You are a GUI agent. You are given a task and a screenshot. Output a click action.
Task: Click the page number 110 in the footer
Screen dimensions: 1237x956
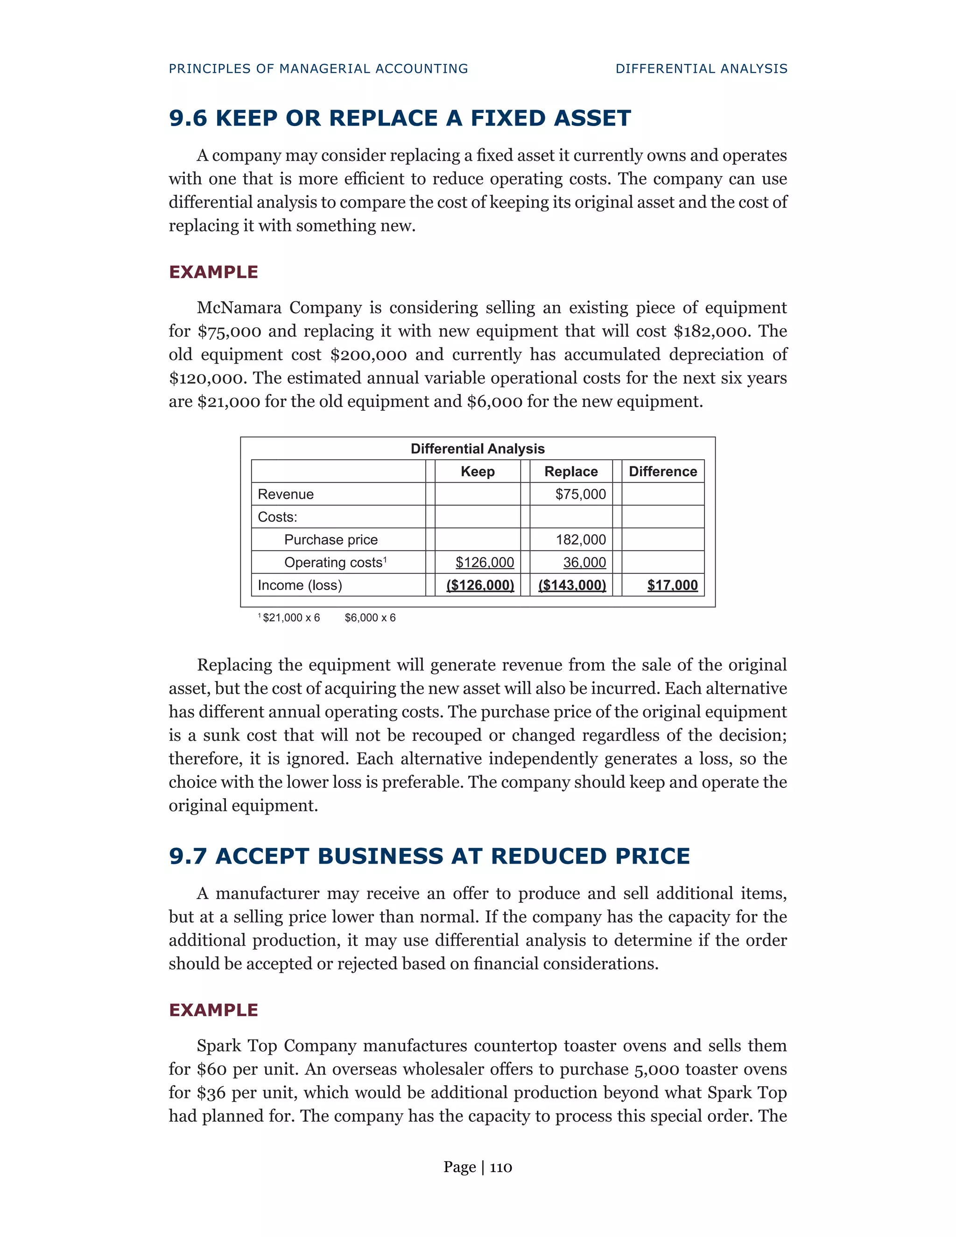[x=501, y=1167]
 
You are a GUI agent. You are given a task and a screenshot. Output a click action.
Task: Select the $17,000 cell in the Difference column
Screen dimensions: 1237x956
[x=672, y=585]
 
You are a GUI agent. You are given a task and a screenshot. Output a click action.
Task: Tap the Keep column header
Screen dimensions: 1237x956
[x=478, y=471]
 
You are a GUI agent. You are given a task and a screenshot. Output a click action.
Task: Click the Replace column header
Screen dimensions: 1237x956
[x=571, y=471]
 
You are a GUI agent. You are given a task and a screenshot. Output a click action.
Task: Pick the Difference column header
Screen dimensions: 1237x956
[x=663, y=471]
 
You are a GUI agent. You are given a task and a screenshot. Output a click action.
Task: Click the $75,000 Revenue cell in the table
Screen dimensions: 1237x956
[x=581, y=494]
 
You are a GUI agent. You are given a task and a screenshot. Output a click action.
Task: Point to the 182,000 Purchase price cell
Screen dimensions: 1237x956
[x=581, y=539]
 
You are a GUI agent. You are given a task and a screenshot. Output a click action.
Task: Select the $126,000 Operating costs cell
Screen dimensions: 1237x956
[x=485, y=562]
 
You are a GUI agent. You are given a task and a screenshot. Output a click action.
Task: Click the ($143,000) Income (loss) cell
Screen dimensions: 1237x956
[x=572, y=585]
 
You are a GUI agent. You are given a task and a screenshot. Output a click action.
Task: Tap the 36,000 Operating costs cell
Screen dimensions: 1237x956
[x=584, y=562]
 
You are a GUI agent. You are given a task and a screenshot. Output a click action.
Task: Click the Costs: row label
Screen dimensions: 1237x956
[x=278, y=517]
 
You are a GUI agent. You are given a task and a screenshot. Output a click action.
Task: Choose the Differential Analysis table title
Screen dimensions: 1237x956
[x=478, y=449]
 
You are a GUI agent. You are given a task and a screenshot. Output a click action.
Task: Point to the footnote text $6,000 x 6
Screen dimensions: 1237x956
[x=370, y=618]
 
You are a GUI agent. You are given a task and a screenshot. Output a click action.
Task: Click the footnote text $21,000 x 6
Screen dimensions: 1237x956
[x=291, y=618]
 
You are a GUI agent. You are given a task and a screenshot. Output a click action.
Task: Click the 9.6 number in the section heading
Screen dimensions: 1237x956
[x=188, y=119]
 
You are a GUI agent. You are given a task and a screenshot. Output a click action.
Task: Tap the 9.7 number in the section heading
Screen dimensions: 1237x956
[x=188, y=856]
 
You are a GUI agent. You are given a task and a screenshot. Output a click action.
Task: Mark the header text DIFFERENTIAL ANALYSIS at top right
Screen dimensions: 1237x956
[x=701, y=69]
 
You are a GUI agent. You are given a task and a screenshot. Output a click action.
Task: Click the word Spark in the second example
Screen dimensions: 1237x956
[x=223, y=1046]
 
